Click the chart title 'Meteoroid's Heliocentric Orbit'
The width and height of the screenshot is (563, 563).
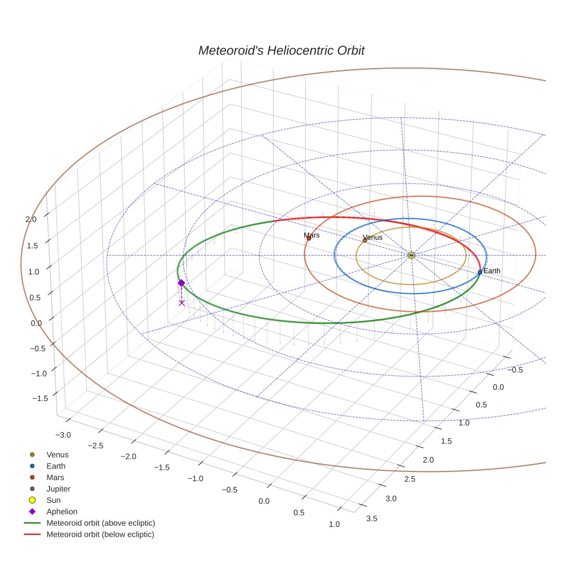(281, 50)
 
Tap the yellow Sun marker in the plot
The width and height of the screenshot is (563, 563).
(411, 255)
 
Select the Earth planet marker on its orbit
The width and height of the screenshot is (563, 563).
(479, 272)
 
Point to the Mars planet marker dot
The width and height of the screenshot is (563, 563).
(309, 238)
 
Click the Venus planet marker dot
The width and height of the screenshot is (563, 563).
(364, 240)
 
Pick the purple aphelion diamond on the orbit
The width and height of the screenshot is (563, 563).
(181, 283)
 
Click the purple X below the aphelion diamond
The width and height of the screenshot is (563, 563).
(182, 303)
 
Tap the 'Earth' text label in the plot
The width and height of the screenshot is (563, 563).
(491, 271)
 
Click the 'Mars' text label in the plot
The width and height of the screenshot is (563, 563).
(312, 235)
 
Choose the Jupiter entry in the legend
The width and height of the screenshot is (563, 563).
(58, 489)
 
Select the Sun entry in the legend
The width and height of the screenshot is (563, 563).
(53, 500)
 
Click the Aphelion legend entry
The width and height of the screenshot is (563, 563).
(61, 512)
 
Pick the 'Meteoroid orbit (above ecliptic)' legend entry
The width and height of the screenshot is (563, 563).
(100, 523)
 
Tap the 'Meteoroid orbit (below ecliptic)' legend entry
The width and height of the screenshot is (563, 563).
(100, 534)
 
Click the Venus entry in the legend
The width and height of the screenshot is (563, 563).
(57, 454)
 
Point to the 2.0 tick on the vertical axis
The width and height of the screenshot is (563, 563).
(31, 219)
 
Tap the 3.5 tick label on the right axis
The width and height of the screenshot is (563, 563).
(371, 518)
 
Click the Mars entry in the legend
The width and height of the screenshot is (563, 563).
(55, 477)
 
